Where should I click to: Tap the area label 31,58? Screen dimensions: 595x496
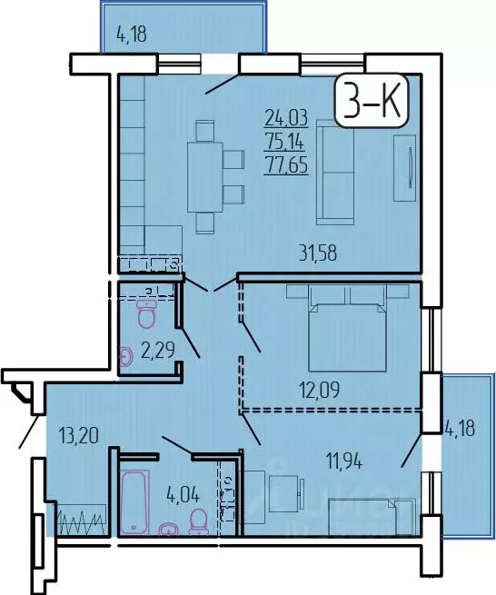319,253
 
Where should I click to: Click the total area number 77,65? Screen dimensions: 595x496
284,165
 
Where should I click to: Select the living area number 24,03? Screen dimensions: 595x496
284,116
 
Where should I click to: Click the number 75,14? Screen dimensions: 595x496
284,141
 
